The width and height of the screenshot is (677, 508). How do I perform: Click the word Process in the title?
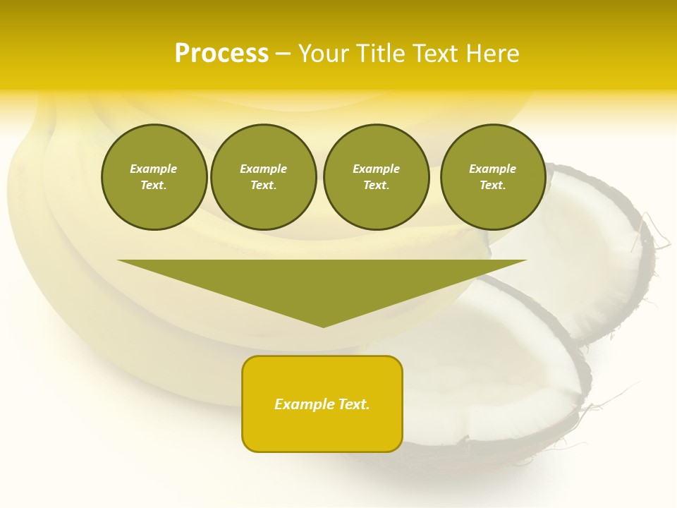221,54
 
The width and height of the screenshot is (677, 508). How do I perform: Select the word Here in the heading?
492,54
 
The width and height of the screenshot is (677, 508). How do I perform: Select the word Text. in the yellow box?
353,404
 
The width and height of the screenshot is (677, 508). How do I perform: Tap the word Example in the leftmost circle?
154,169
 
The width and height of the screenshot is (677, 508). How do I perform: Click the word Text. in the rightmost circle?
493,186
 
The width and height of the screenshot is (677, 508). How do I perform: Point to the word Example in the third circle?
376,169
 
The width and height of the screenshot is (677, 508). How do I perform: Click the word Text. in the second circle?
264,186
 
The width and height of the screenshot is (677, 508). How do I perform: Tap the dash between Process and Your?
283,54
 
